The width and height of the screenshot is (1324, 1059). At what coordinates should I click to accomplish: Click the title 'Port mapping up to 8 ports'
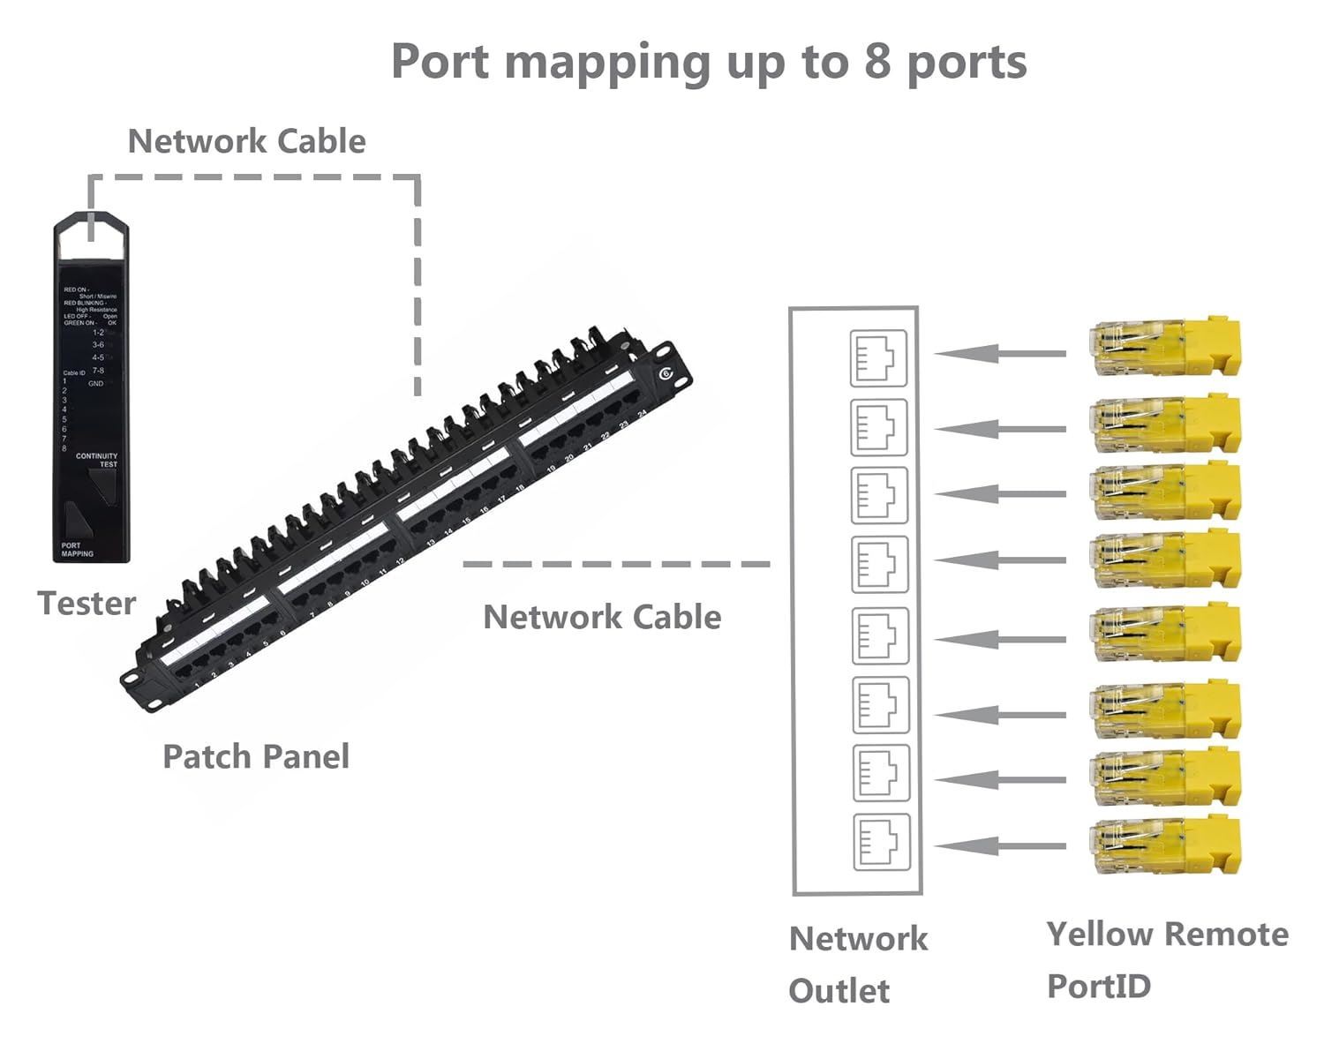tap(709, 62)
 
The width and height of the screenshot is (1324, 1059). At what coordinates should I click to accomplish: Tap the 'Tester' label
tap(87, 604)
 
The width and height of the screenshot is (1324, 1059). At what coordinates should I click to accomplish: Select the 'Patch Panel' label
tap(256, 756)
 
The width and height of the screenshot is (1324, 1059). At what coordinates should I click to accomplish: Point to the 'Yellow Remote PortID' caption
tap(1167, 959)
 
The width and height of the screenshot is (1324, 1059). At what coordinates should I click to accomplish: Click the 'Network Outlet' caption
tap(858, 964)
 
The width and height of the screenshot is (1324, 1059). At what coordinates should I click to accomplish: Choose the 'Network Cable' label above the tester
tap(246, 141)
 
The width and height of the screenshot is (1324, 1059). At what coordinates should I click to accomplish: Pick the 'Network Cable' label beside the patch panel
tap(602, 617)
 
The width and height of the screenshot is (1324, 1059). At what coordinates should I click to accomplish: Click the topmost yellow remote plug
tap(1166, 349)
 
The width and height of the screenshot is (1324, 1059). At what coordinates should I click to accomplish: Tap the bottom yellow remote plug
tap(1166, 846)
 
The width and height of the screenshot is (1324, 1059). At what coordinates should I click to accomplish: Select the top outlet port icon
tap(878, 357)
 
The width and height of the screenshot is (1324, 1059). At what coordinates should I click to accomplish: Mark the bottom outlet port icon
tap(882, 842)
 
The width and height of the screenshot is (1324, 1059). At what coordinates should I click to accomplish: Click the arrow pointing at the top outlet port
tap(999, 354)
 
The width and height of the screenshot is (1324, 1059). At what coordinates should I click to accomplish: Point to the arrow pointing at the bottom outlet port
tap(999, 846)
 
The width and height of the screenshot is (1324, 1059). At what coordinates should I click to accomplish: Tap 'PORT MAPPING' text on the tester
tap(77, 550)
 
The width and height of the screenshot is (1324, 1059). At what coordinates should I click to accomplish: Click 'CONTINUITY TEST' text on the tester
tap(97, 460)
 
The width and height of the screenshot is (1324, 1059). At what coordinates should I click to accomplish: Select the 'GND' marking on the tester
tap(95, 384)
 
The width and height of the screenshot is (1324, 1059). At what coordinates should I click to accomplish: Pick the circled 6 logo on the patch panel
tap(666, 373)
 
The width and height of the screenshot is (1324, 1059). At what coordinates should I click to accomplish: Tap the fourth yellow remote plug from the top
tap(1166, 560)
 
